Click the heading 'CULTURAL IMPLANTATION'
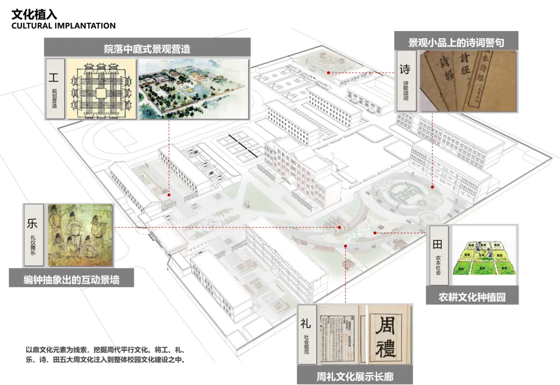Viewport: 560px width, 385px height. (63, 26)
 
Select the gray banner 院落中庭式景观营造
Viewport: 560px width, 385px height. (147, 49)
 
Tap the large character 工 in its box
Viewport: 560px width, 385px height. (54, 78)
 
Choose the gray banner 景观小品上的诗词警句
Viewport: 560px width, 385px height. (456, 42)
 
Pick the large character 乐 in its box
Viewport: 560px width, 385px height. (32, 224)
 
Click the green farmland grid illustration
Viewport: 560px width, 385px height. (484, 257)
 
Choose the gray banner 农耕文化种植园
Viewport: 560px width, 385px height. (471, 297)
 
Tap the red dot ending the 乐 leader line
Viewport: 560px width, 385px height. (340, 227)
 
